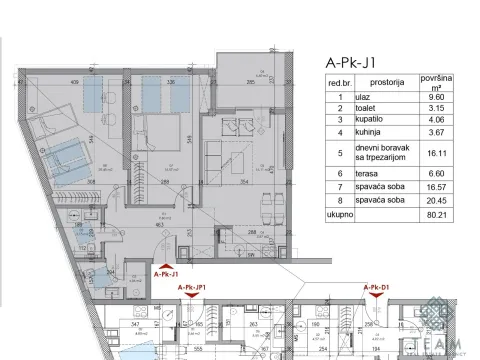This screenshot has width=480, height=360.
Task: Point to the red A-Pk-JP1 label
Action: pyautogui.click(x=193, y=288)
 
